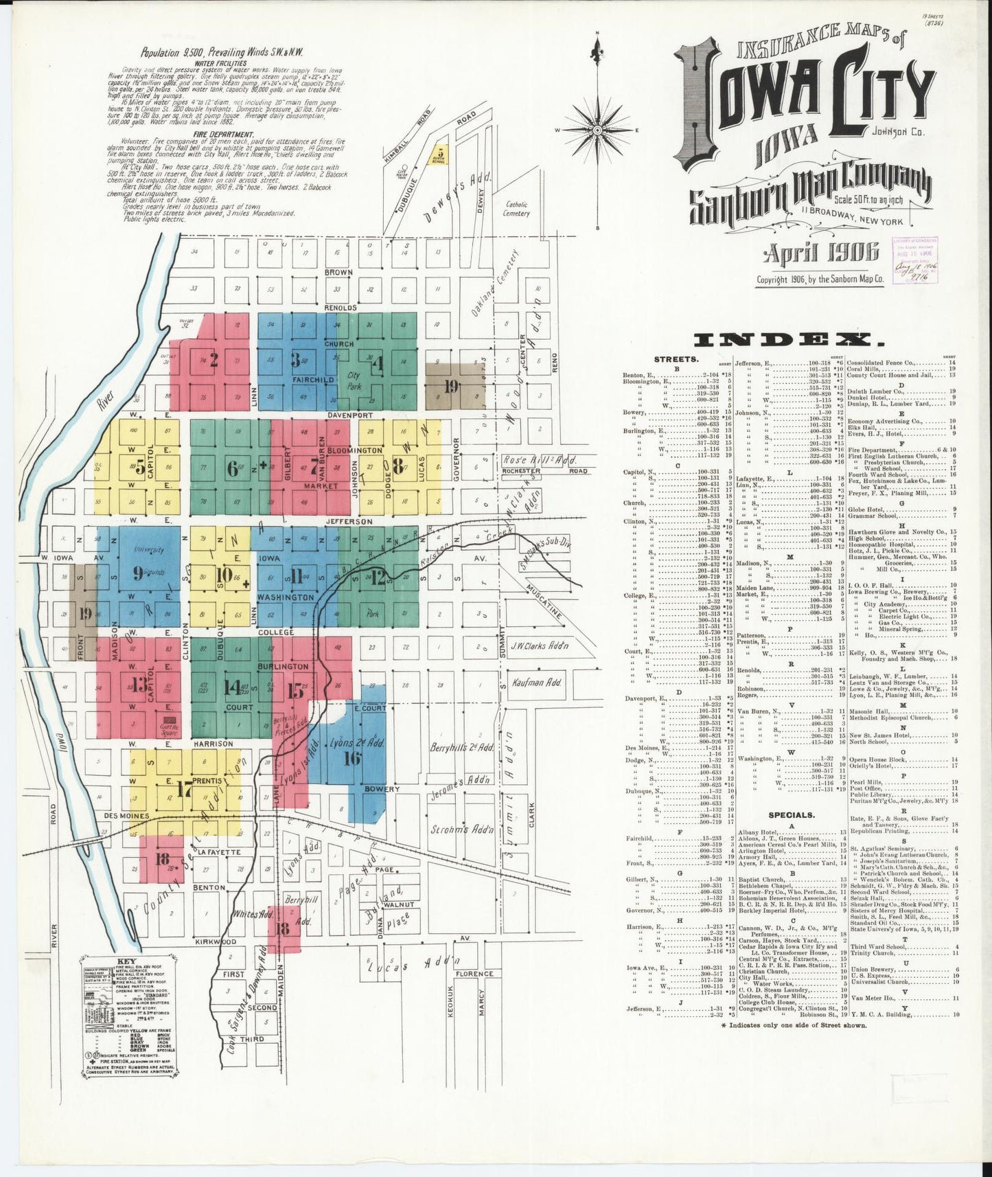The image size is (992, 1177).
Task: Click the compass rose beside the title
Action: coord(597,129)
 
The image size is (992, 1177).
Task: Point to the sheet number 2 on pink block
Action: coord(214,360)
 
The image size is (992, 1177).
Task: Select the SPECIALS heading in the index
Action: coord(791,814)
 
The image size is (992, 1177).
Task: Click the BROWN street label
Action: coord(339,273)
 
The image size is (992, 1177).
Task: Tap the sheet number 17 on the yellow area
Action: coord(183,790)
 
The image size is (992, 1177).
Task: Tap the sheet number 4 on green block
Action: coord(376,363)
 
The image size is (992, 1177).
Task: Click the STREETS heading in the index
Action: coord(678,358)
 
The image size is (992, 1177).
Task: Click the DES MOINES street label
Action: coord(127,816)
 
